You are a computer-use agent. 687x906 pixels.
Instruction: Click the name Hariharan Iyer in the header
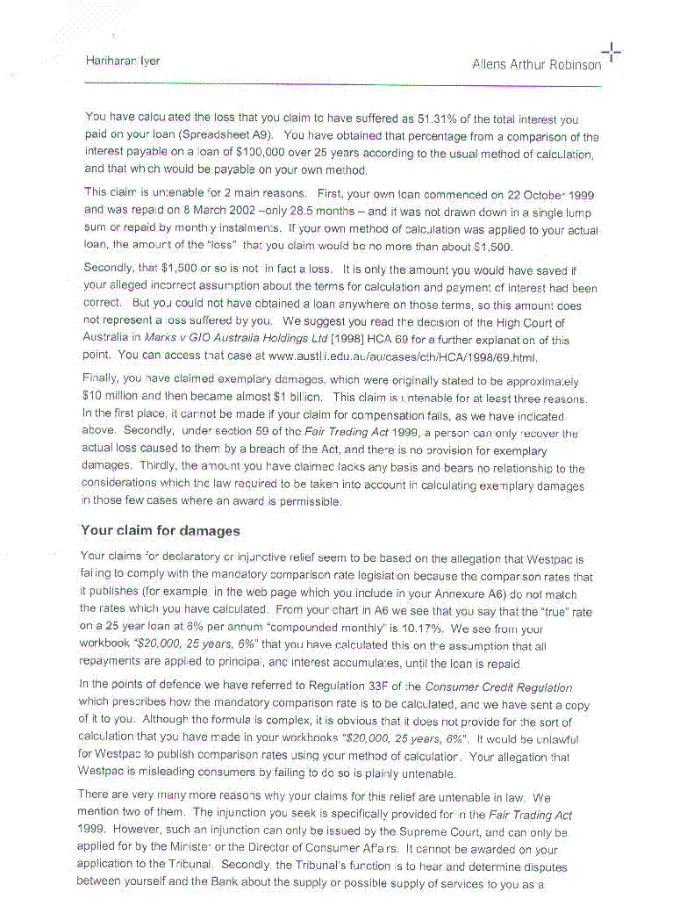point(123,61)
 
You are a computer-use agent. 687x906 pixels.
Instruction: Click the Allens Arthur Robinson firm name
point(536,64)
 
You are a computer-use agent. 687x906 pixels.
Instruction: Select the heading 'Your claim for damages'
point(160,530)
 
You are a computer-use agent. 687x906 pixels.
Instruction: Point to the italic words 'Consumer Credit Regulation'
point(498,687)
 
